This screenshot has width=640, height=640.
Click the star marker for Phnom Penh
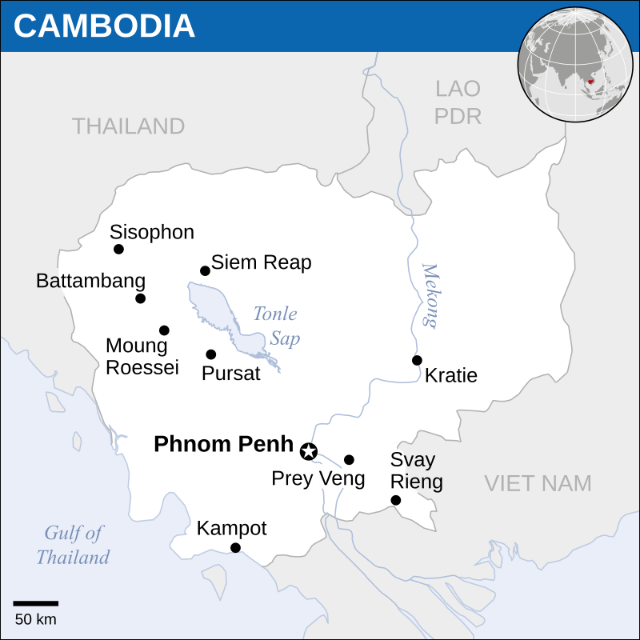click(308, 452)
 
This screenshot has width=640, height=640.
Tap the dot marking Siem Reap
click(205, 271)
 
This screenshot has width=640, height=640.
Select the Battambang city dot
click(141, 298)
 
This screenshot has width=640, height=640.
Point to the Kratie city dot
click(417, 360)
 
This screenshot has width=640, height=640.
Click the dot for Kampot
click(235, 548)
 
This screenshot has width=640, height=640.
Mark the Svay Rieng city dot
click(395, 501)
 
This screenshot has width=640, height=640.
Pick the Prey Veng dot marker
click(349, 460)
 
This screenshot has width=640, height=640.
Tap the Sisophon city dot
click(119, 249)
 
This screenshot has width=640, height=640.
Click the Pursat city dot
click(211, 354)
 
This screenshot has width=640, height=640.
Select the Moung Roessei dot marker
click(164, 330)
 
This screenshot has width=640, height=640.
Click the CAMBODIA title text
click(104, 26)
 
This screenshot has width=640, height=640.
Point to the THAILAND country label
click(128, 126)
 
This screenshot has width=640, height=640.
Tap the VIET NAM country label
click(538, 483)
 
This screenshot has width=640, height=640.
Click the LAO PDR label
click(458, 102)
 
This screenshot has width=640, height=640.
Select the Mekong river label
click(430, 296)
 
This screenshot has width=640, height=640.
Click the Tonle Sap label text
click(277, 326)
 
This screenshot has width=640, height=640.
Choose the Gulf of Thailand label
click(73, 546)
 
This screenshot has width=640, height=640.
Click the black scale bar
click(35, 603)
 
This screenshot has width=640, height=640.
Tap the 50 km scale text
click(35, 619)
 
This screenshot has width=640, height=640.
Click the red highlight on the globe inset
click(590, 81)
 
